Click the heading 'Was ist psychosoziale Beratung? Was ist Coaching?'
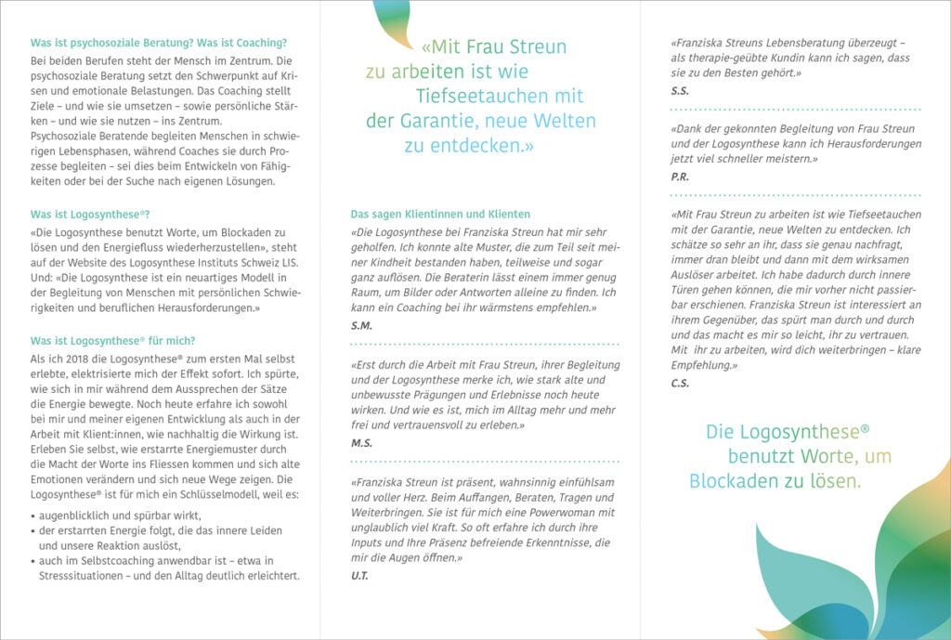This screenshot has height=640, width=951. [x=159, y=43]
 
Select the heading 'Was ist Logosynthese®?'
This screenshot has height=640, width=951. [x=89, y=215]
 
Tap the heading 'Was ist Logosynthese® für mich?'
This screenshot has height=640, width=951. [x=112, y=340]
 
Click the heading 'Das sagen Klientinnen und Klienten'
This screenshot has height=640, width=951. [x=440, y=214]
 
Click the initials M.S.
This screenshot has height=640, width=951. [x=361, y=442]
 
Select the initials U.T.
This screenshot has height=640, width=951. [x=359, y=577]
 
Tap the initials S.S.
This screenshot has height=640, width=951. [x=680, y=90]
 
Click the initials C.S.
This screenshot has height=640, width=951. [x=680, y=383]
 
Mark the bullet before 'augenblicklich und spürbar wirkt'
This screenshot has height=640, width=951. [x=33, y=516]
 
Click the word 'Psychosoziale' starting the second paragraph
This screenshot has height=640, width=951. [x=66, y=137]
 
